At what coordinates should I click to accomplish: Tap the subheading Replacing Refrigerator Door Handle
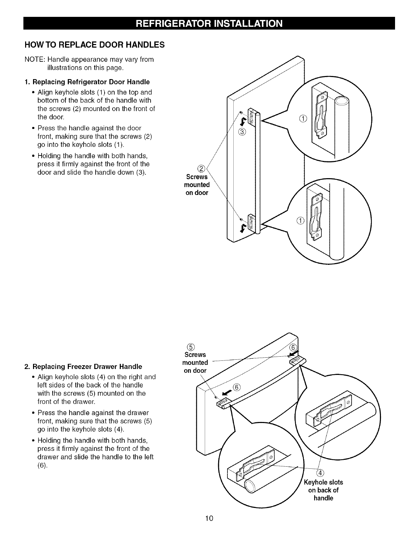(87, 82)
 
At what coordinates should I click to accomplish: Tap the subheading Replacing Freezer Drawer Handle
(83, 367)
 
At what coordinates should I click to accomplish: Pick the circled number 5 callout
(188, 346)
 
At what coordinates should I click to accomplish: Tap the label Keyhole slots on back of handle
(323, 490)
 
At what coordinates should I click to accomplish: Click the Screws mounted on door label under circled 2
(197, 185)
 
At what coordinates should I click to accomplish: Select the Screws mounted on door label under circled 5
(195, 362)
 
